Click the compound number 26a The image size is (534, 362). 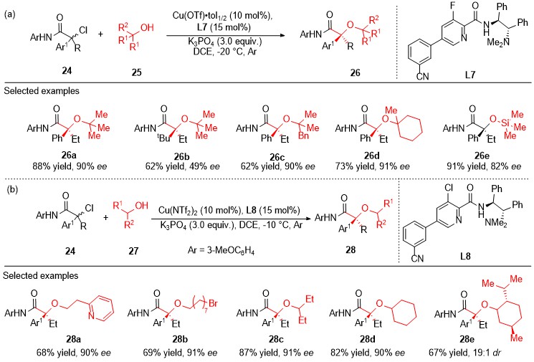click(69, 156)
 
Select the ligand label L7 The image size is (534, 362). click(470, 75)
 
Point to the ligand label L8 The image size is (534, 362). click(465, 256)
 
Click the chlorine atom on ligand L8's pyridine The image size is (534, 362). click(449, 188)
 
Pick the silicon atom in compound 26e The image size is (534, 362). click(505, 123)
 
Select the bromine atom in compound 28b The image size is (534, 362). click(213, 303)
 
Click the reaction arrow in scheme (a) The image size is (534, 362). click(226, 35)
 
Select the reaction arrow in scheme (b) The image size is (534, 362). click(231, 219)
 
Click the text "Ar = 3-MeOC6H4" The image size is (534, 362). click(221, 251)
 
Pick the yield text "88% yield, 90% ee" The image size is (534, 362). click(70, 166)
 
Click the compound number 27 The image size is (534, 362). click(133, 251)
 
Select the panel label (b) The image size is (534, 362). click(13, 189)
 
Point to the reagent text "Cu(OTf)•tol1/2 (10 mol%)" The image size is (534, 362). click(223, 16)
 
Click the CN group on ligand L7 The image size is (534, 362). click(422, 76)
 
